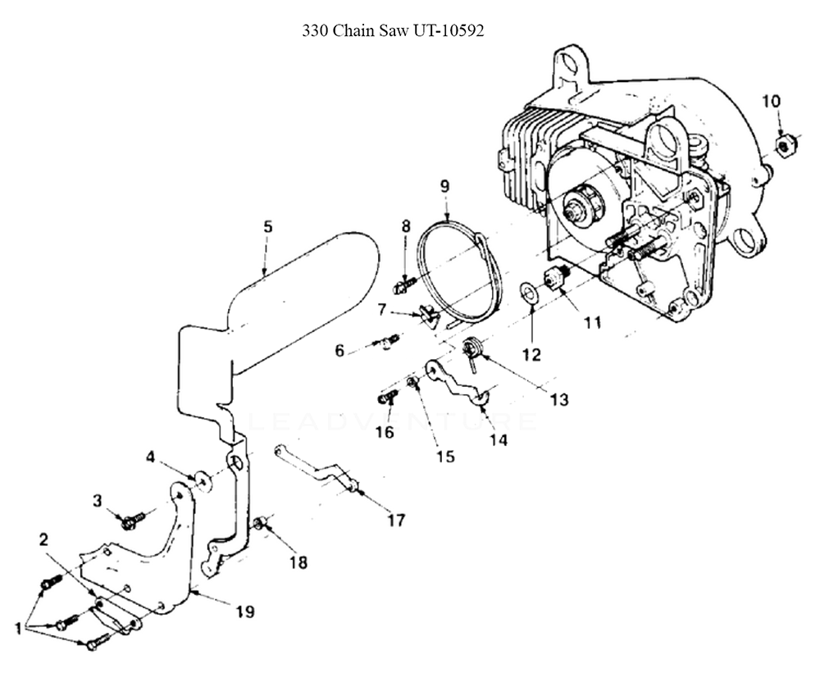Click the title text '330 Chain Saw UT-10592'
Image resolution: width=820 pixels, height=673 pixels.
click(394, 32)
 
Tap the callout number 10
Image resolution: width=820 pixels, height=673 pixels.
click(771, 101)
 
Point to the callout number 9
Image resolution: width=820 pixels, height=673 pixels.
click(444, 186)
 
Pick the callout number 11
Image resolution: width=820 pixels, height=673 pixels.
click(592, 322)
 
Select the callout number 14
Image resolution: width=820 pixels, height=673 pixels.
click(498, 439)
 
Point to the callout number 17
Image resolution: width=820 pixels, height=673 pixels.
click(396, 520)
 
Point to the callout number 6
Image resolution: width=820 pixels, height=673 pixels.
click(339, 351)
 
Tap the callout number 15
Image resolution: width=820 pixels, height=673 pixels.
click(444, 457)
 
